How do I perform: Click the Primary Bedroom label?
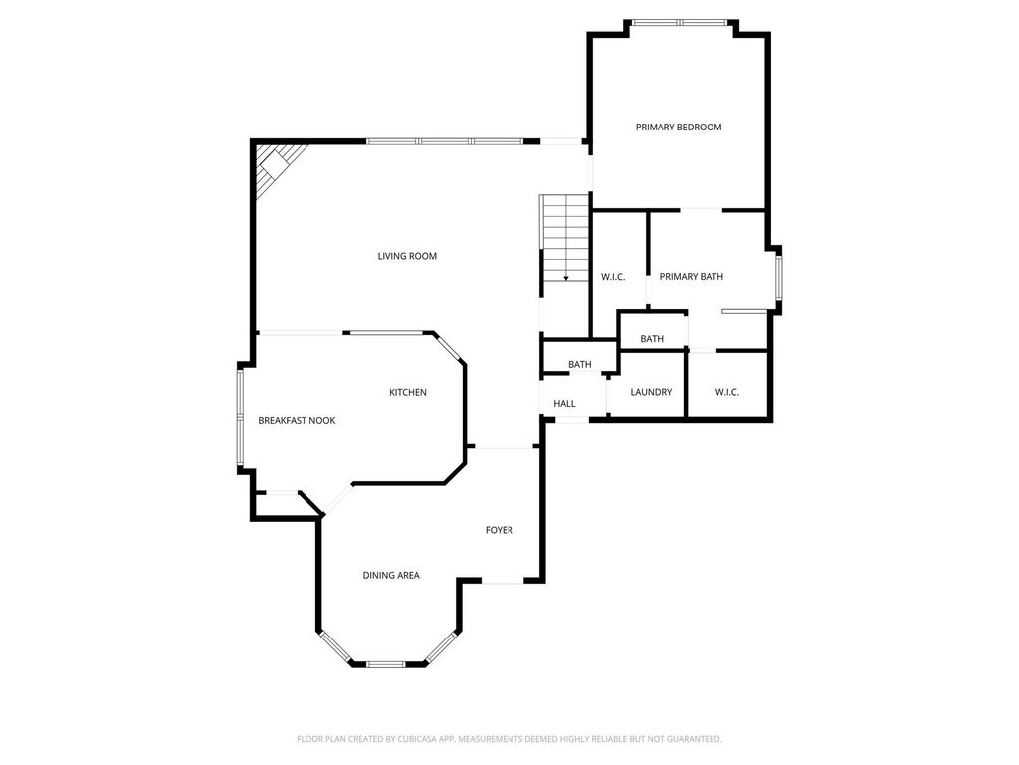point(679,127)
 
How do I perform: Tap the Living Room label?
point(407,256)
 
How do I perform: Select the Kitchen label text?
point(408,392)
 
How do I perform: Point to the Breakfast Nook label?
point(297,421)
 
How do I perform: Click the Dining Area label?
point(391,575)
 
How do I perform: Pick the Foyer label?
point(500,530)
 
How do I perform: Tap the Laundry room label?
point(651,392)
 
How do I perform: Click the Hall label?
point(565,404)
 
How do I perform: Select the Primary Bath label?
point(692,277)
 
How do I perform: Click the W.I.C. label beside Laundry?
point(727,392)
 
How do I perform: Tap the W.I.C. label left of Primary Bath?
point(613,277)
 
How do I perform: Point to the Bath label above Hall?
point(580,365)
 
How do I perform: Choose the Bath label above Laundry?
point(652,339)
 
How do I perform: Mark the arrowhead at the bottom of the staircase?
point(566,279)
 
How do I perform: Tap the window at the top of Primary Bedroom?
point(680,23)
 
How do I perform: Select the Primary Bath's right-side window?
point(778,278)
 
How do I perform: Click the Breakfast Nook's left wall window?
point(240,417)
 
